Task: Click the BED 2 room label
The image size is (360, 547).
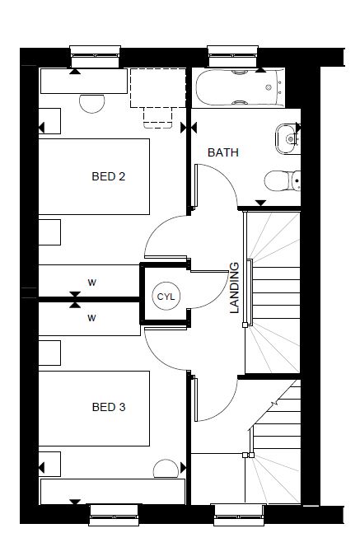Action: point(109,176)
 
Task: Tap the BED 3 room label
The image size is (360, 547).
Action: point(109,407)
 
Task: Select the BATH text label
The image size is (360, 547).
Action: point(223,152)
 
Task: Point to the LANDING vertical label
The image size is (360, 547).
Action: point(235,288)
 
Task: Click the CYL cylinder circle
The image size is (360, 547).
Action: point(166,297)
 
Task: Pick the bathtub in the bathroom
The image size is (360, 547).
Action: point(240,87)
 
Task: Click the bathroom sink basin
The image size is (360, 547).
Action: point(287,139)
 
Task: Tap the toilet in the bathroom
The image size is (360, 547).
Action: point(283,180)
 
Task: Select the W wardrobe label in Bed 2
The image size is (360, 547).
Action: point(91,283)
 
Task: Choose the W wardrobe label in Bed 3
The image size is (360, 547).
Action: point(91,318)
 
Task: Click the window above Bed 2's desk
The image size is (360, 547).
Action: point(96,56)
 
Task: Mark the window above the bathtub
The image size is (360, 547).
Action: point(232,56)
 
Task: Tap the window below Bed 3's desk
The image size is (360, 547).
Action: point(114,515)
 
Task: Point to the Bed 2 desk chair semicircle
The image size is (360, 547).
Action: point(91,104)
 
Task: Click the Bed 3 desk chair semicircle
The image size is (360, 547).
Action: point(166,469)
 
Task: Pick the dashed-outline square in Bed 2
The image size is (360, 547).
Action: point(158,88)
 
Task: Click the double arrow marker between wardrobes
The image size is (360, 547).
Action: point(75,300)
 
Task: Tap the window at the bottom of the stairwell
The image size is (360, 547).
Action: point(239,515)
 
